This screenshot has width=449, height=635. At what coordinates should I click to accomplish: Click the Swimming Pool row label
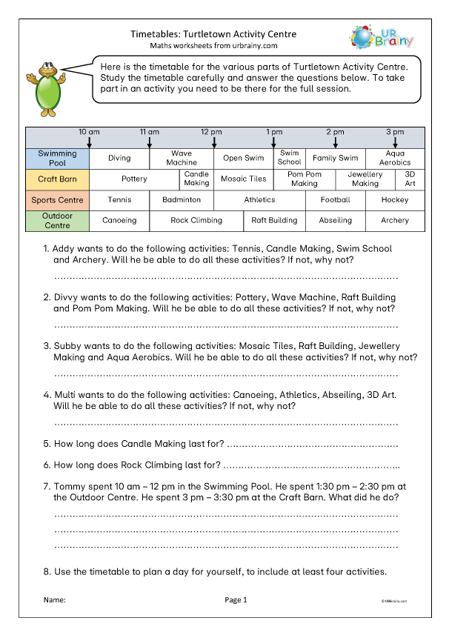pos(57,158)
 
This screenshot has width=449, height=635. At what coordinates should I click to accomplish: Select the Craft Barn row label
pos(57,179)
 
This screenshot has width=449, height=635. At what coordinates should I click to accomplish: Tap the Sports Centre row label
pos(57,200)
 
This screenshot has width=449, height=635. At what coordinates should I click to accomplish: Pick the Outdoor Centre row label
pos(57,220)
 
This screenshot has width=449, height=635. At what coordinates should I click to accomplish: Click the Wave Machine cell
pos(182,158)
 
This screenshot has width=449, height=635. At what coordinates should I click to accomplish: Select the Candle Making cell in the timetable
pos(196,179)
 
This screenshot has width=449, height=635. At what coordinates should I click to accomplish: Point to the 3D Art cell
pos(410,179)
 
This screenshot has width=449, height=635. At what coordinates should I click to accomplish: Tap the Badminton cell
pos(182,200)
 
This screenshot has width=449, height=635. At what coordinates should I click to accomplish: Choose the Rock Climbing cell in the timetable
pos(196,220)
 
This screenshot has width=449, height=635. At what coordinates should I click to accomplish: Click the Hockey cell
pos(395,200)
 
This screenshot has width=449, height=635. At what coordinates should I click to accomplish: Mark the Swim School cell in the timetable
pos(289,158)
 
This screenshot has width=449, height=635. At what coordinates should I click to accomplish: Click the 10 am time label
pos(89,131)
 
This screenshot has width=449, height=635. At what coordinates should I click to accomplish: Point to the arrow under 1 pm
pos(274,142)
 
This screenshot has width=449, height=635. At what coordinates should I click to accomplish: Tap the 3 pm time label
pos(395,131)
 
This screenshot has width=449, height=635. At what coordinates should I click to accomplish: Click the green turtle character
pos(49,88)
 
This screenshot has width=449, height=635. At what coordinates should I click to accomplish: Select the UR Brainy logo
pos(381,37)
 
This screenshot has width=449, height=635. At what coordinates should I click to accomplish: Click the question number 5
pos(47,444)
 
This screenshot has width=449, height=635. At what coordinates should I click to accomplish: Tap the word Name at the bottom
pos(55,599)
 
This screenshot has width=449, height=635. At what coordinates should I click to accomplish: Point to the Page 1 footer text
pos(235,599)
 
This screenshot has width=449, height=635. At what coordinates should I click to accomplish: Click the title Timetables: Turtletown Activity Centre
pos(213,34)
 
